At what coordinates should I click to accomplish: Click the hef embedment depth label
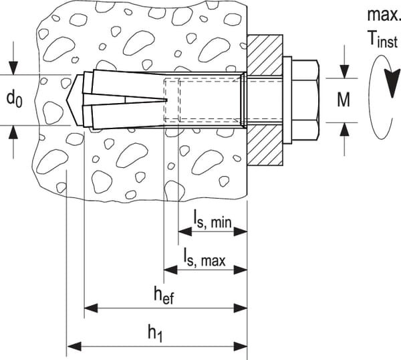click(x=163, y=294)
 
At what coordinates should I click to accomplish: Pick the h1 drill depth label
click(x=156, y=332)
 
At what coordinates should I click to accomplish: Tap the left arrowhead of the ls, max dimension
click(x=170, y=270)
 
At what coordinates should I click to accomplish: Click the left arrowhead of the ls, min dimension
click(x=184, y=232)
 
